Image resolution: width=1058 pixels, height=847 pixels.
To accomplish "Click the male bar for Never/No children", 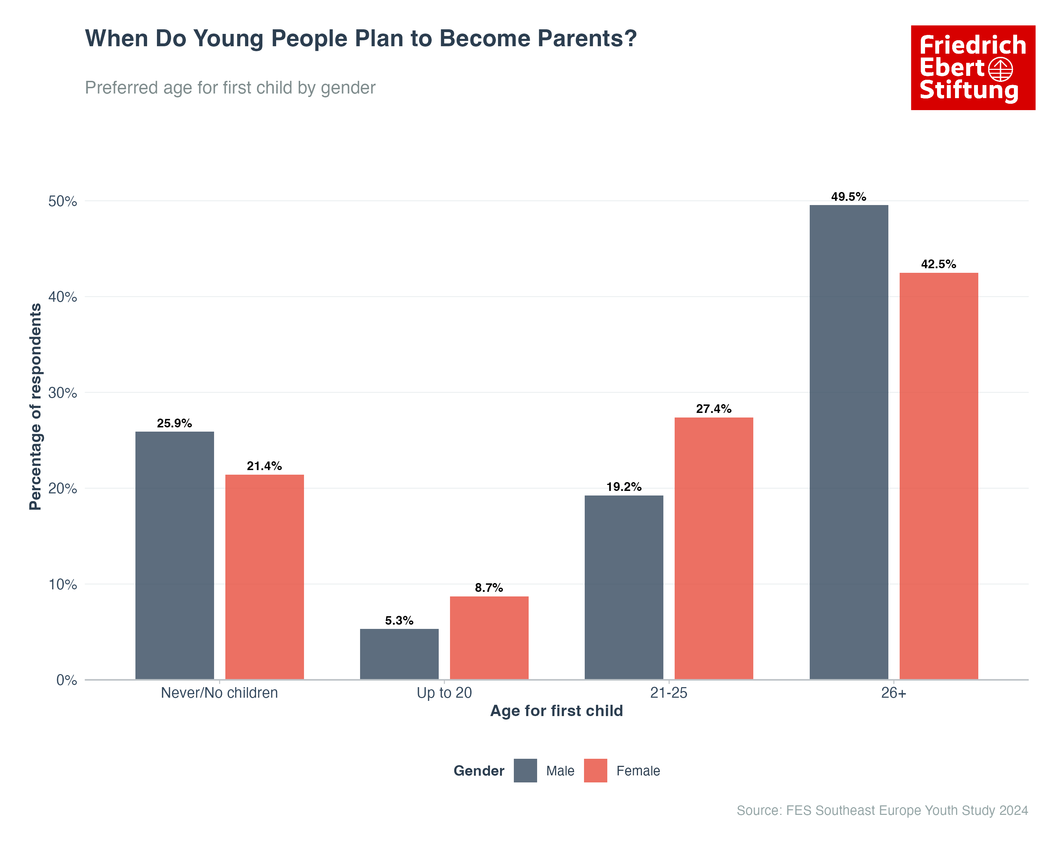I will [x=175, y=555].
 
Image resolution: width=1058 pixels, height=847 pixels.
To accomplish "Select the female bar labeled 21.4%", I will [x=264, y=577].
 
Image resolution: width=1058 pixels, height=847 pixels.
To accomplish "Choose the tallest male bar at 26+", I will [x=849, y=442].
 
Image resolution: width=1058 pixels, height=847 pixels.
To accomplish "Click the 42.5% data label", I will [x=938, y=264].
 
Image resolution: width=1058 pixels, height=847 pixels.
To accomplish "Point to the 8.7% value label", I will [x=489, y=588].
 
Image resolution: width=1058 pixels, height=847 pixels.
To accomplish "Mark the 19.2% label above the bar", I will [x=624, y=487].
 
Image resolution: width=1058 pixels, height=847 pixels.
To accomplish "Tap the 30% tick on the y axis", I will [x=63, y=393].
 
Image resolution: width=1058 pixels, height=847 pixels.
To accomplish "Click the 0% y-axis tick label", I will [x=67, y=680].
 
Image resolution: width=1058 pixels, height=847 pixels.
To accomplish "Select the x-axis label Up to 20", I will [x=444, y=693].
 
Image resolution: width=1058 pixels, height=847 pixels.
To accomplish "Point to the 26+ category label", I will [x=893, y=693].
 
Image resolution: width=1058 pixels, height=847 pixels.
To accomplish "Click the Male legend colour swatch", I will [x=525, y=770].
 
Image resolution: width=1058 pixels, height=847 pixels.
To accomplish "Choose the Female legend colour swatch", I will [x=595, y=770].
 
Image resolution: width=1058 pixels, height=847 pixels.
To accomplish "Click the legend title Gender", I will [x=479, y=771].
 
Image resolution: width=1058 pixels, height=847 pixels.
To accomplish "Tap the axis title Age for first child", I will [x=557, y=710].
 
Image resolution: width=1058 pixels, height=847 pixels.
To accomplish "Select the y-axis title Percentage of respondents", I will [x=35, y=407].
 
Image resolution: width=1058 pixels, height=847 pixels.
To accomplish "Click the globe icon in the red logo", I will [x=1000, y=69].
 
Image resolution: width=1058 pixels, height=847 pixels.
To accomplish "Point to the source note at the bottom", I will [x=882, y=810].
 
